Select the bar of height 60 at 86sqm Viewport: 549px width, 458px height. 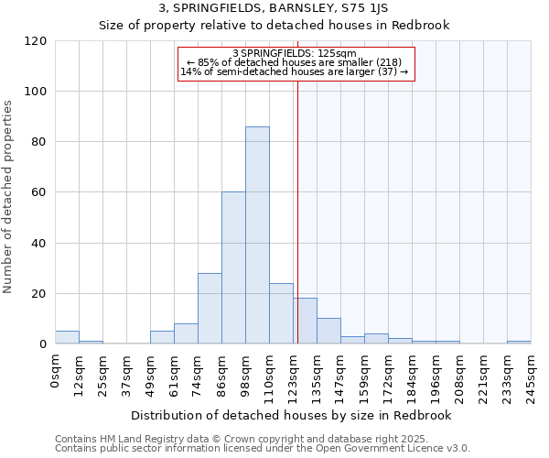pyautogui.click(x=233, y=267)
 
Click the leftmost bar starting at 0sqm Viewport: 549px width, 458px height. pyautogui.click(x=67, y=337)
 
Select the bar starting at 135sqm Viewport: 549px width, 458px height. pyautogui.click(x=328, y=331)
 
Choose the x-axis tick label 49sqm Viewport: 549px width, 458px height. pyautogui.click(x=151, y=371)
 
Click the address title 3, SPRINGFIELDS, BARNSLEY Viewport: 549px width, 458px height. pyautogui.click(x=274, y=8)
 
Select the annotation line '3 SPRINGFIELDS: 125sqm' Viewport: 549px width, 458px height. pyautogui.click(x=296, y=54)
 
